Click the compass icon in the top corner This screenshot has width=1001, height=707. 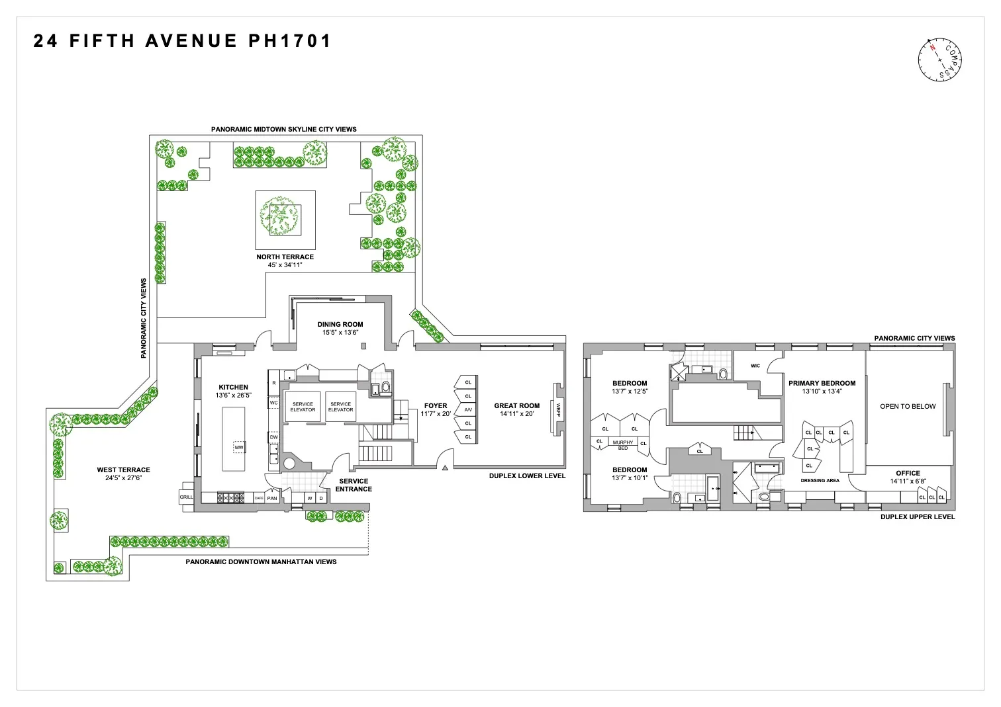click(x=939, y=60)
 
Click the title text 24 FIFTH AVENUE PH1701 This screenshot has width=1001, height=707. click(x=182, y=41)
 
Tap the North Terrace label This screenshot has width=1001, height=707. click(x=285, y=257)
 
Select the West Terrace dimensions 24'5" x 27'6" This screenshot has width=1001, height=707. click(x=123, y=478)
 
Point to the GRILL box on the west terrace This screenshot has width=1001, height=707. click(x=187, y=497)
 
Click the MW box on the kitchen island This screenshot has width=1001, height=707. click(x=238, y=448)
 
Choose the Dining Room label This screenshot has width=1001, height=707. click(x=340, y=324)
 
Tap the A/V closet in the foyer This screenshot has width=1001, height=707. click(x=468, y=410)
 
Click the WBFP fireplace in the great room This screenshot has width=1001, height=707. click(x=558, y=409)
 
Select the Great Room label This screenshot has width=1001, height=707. click(x=516, y=405)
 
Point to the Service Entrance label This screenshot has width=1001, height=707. click(x=354, y=485)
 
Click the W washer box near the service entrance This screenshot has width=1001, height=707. click(x=309, y=498)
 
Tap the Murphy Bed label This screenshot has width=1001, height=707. click(x=622, y=444)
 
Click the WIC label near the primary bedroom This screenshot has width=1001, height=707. click(x=755, y=366)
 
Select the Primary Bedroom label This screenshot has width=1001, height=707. click(x=822, y=383)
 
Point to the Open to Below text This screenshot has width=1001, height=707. click(x=908, y=406)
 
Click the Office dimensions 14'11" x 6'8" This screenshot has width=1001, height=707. click(x=908, y=481)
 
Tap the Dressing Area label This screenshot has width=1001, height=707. click(x=820, y=481)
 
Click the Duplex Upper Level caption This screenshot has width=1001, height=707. click(x=918, y=517)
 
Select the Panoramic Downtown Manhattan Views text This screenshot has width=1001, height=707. click(x=261, y=561)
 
